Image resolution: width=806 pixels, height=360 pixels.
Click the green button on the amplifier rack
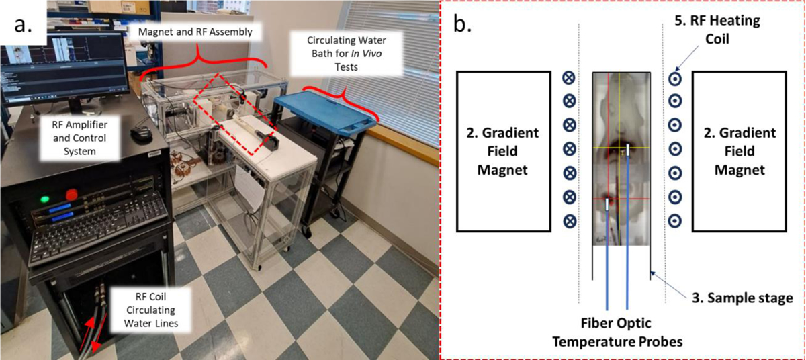[46, 199]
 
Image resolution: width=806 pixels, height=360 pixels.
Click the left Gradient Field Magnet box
[500, 151]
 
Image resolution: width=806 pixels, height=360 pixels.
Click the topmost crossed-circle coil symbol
[569, 77]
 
